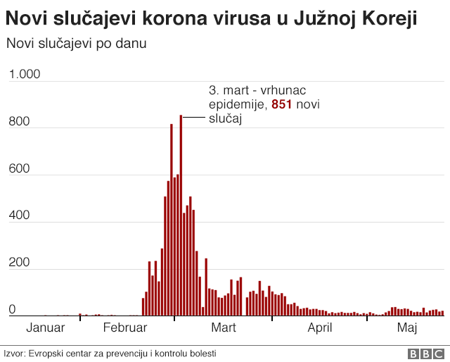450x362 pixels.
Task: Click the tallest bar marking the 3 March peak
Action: click(x=181, y=211)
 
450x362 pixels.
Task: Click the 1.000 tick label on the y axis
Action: click(x=24, y=75)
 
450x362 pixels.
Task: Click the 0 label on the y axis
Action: click(x=11, y=309)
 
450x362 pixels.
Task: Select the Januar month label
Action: click(x=46, y=327)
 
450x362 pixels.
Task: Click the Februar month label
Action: click(x=124, y=327)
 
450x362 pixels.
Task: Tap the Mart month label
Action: click(x=223, y=327)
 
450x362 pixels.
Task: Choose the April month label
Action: click(x=319, y=327)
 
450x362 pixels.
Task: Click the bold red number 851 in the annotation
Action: click(x=281, y=105)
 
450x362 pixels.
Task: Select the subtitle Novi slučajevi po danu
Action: click(x=76, y=44)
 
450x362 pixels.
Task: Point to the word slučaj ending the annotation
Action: click(x=225, y=119)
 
